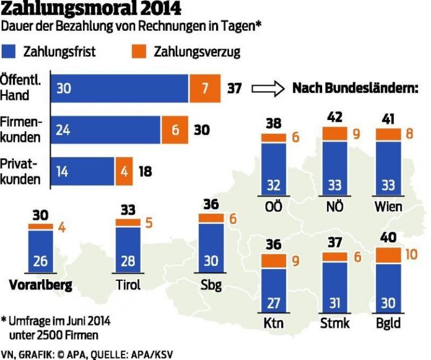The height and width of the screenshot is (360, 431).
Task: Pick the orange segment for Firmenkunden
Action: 175,130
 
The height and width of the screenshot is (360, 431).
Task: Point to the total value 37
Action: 234,88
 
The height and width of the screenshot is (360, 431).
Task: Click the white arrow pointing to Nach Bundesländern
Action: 268,88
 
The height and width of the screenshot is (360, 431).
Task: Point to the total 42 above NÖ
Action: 334,118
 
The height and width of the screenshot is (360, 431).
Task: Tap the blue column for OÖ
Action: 273,168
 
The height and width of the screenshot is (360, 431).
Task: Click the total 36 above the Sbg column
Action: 211,204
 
